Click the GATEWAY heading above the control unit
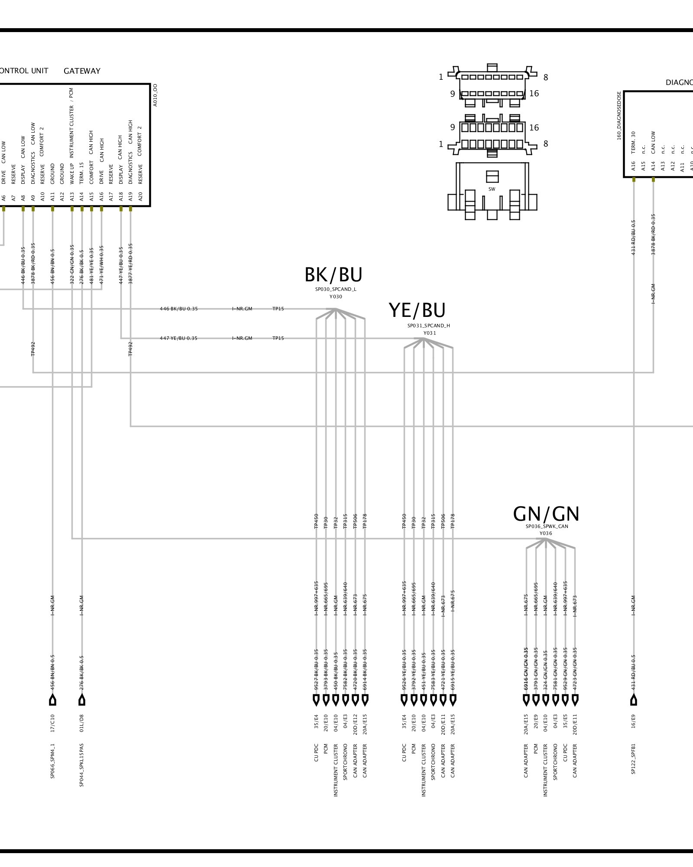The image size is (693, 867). coord(82,71)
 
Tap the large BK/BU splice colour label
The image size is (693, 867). coord(334,275)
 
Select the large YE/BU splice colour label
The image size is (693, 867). coord(417,310)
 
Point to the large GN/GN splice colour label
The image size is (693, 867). coord(546,514)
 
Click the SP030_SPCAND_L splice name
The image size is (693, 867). coord(336,289)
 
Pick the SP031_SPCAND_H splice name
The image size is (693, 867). coord(428,326)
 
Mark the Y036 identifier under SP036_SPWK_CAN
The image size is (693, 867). coord(546,534)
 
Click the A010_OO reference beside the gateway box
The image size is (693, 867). coord(155,95)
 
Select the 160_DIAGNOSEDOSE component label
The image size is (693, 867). coord(619,116)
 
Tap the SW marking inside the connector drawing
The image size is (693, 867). coord(492,189)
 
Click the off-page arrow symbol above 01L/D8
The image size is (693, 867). coord(81,700)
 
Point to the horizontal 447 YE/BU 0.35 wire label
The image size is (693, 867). coord(178,338)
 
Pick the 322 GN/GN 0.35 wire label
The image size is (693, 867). coord(72,265)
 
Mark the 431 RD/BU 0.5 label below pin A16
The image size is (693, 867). coord(633,238)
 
